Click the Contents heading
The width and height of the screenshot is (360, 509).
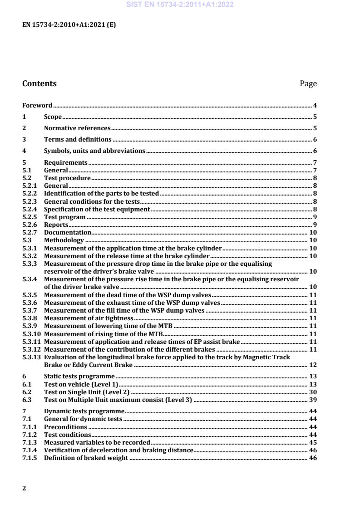(39, 83)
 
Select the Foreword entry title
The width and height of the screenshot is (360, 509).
(37, 105)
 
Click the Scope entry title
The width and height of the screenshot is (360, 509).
(53, 117)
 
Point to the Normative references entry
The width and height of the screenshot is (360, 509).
(77, 128)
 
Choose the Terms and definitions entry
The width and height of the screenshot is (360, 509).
(78, 140)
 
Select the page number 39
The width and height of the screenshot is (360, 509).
(313, 400)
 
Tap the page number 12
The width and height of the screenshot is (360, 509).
(313, 365)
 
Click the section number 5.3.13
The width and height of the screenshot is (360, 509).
(32, 357)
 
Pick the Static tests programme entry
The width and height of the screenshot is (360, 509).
(79, 376)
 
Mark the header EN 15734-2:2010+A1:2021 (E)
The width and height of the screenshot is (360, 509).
(69, 25)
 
